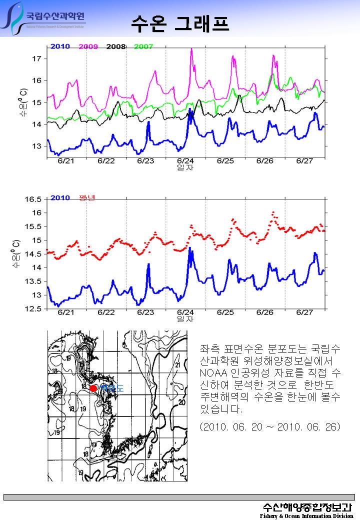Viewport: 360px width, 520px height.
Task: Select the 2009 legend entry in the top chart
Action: coord(88,46)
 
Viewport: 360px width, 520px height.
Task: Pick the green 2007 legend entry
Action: coord(143,46)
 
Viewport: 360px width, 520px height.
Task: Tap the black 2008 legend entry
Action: coord(115,46)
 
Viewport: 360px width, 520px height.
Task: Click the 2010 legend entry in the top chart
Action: coord(60,46)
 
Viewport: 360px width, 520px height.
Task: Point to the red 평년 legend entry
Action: coord(87,197)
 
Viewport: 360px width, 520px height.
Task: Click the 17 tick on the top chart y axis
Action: coord(36,58)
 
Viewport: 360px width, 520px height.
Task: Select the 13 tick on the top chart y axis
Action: coord(36,146)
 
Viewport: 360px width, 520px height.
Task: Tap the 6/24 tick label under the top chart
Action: coord(185,161)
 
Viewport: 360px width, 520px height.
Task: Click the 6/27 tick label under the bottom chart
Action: coord(305,312)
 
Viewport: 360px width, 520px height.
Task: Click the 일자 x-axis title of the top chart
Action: coord(185,167)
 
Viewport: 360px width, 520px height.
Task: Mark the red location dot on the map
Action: coord(93,388)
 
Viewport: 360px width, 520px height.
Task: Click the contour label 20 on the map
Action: coord(182,402)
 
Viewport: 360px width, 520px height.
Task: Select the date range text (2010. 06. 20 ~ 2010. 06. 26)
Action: coord(269,427)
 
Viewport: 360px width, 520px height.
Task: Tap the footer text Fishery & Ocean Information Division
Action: coord(306,515)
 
